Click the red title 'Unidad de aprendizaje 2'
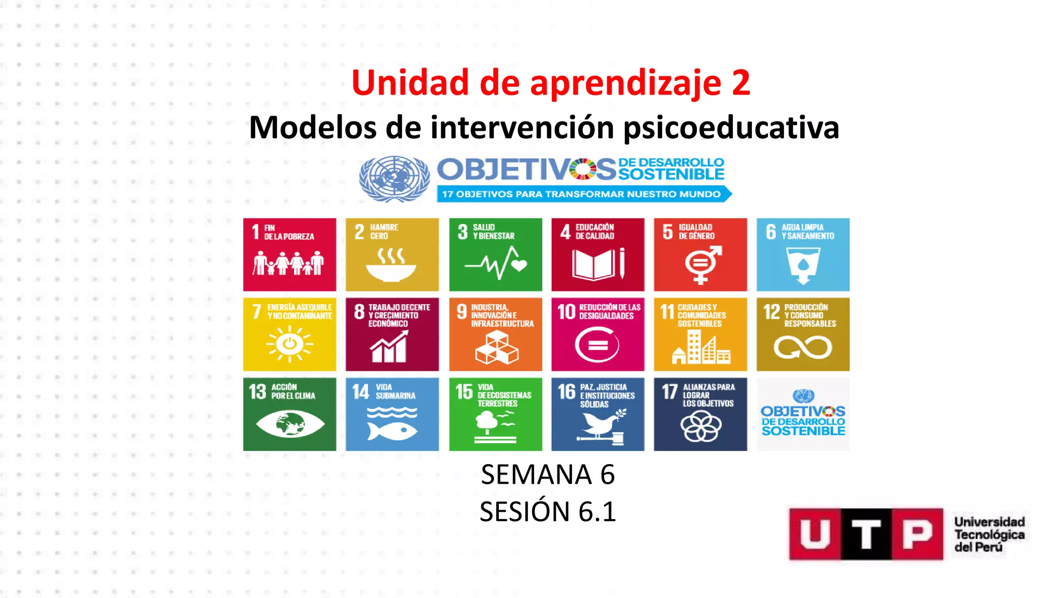tap(551, 83)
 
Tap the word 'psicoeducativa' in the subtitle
tap(731, 128)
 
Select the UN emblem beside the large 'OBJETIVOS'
tap(394, 179)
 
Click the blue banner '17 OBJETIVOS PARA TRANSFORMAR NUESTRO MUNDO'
tap(582, 194)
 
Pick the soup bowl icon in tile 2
tap(391, 265)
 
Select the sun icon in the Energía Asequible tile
tap(289, 344)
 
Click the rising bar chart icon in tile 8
tap(389, 347)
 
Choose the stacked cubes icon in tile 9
tap(496, 348)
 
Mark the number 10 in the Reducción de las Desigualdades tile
tap(566, 311)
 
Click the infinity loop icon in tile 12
tap(803, 348)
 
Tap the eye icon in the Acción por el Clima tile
tap(289, 424)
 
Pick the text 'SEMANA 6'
tap(548, 474)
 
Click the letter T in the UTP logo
tap(866, 534)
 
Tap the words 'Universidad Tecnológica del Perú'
tap(989, 534)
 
